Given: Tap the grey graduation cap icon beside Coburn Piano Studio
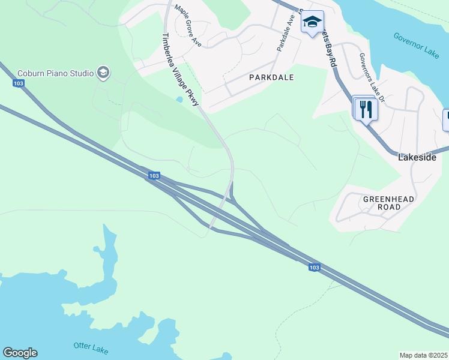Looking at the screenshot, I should click(x=103, y=73).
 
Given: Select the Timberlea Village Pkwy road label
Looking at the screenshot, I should click(x=179, y=70).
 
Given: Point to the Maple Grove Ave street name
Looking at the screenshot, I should click(x=188, y=26).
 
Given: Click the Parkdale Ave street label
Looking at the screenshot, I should click(x=285, y=32).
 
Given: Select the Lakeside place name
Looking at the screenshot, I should click(x=417, y=157).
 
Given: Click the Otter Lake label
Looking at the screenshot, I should click(x=90, y=346).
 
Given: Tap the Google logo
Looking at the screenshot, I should click(x=20, y=353).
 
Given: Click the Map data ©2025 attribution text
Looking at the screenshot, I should click(x=424, y=355).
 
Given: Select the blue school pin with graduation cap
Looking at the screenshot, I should click(x=312, y=23).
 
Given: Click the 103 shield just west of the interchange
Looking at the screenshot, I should click(x=154, y=176).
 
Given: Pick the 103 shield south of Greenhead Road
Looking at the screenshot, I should click(x=313, y=267).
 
